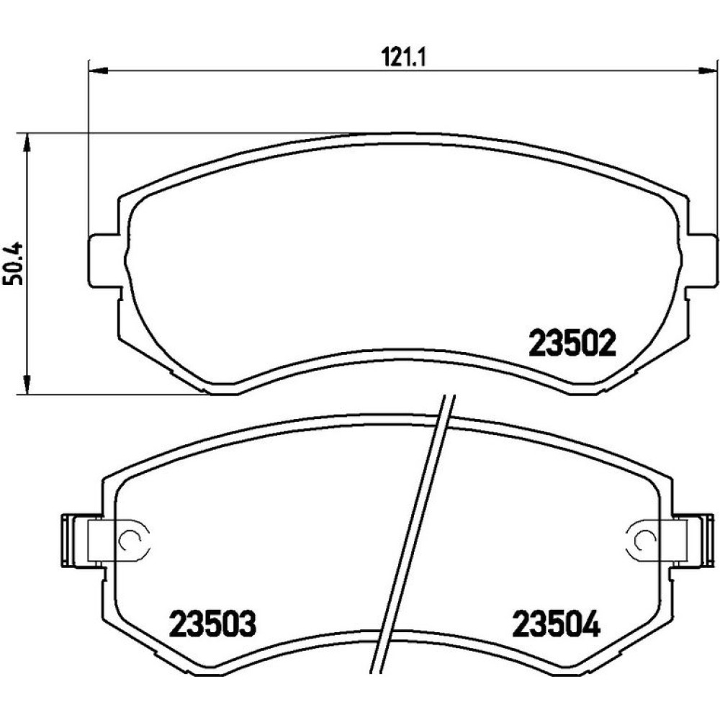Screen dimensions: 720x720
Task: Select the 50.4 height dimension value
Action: point(13,264)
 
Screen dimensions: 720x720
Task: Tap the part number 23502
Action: point(572,344)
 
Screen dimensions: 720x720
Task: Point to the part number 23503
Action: point(212,624)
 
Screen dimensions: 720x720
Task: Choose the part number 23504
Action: point(557,624)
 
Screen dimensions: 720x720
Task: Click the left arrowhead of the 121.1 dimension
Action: point(98,71)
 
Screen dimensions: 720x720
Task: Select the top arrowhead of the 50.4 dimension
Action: point(27,143)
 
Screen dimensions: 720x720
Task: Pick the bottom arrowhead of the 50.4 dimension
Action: point(27,384)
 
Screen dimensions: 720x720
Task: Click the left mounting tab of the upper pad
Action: point(104,261)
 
